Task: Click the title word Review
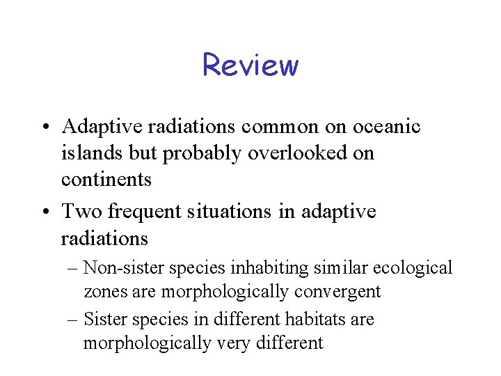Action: point(250,65)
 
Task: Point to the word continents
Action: point(106,180)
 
